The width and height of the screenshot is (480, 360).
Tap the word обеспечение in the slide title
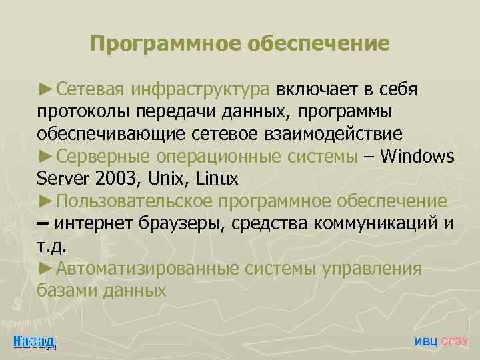click(319, 44)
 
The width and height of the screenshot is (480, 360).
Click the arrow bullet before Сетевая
click(46, 89)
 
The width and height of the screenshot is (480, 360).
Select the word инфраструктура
click(201, 90)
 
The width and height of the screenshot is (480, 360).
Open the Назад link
click(35, 341)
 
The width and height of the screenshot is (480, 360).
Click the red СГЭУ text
click(455, 341)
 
